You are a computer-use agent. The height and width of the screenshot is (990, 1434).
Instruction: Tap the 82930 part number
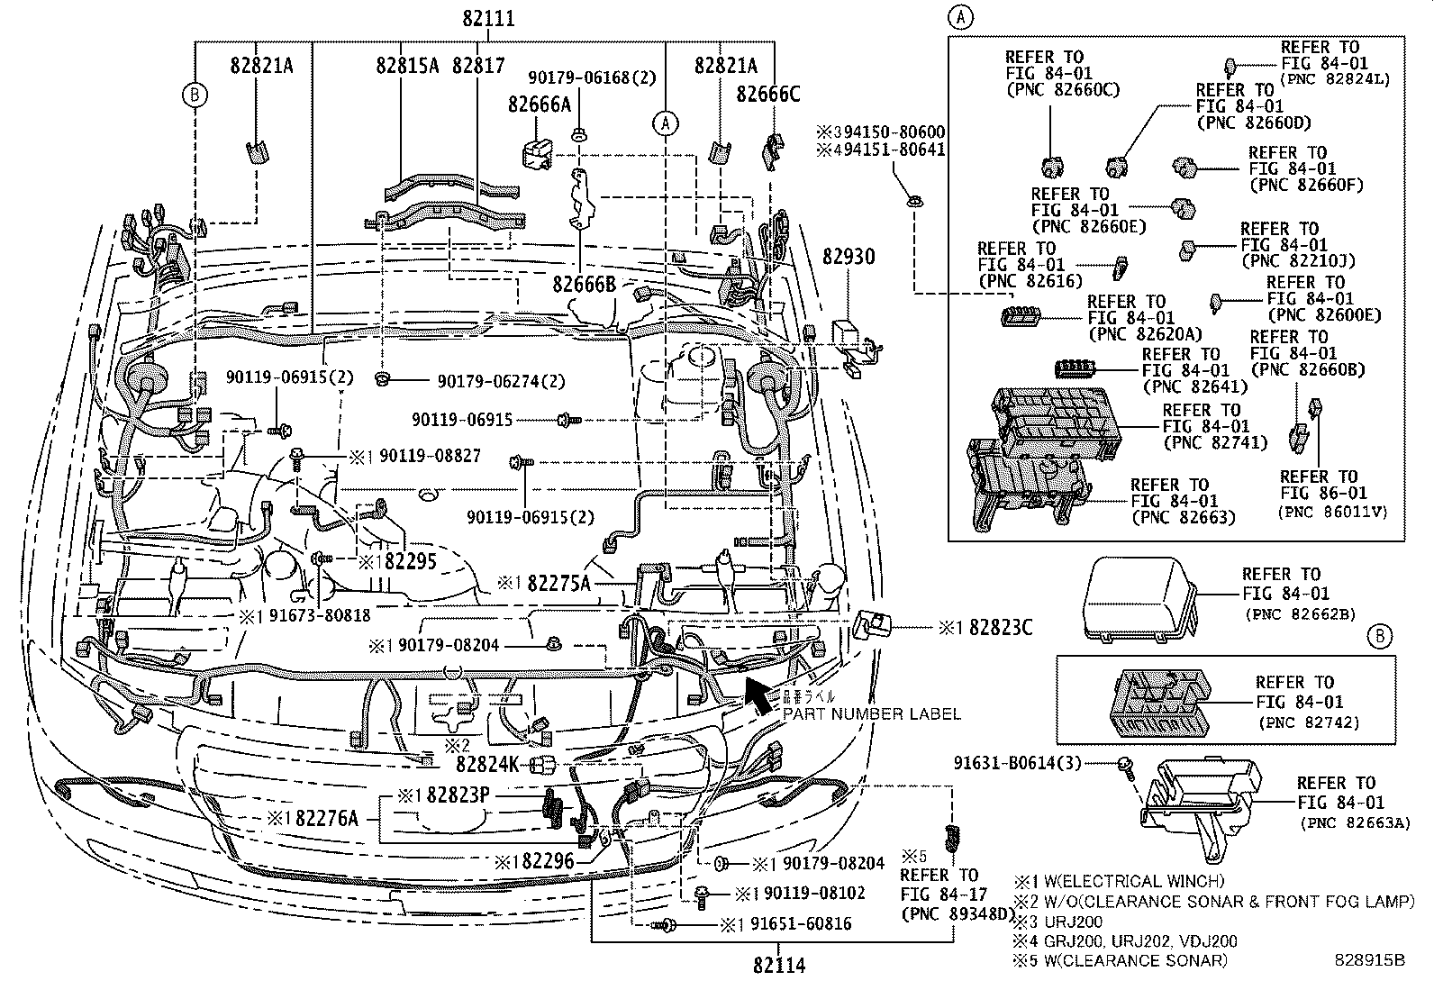click(x=848, y=258)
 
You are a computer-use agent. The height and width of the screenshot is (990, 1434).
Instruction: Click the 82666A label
click(x=539, y=105)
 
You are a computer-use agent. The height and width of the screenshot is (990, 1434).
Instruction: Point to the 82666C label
click(x=767, y=95)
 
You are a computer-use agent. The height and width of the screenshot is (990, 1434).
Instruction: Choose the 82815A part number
click(x=407, y=66)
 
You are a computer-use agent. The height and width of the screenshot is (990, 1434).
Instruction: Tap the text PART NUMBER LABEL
click(x=871, y=714)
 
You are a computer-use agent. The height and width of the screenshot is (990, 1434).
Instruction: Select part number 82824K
click(x=487, y=765)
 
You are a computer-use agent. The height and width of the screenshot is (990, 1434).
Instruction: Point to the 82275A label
click(x=558, y=584)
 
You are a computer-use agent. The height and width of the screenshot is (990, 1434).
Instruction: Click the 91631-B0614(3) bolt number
click(x=1030, y=763)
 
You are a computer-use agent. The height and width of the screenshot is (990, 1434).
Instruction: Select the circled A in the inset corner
click(x=961, y=16)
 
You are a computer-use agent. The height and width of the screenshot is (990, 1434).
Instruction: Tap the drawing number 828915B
click(x=1370, y=961)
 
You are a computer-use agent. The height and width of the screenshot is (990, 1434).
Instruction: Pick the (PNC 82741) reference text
click(x=1215, y=442)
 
